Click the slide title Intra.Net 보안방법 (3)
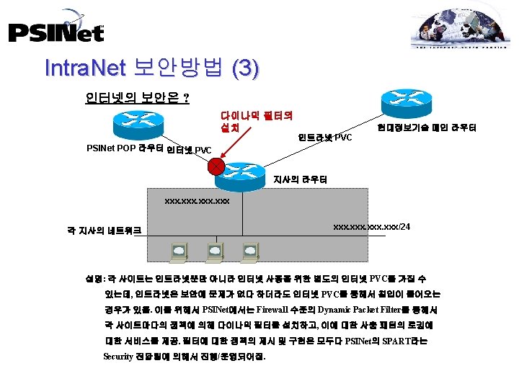(151, 68)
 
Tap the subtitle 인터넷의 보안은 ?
(137, 97)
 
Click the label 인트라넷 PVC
(325, 137)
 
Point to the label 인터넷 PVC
(189, 151)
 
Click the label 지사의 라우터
(300, 179)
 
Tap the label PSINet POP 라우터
(124, 149)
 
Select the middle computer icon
(215, 251)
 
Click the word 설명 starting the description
(94, 277)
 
